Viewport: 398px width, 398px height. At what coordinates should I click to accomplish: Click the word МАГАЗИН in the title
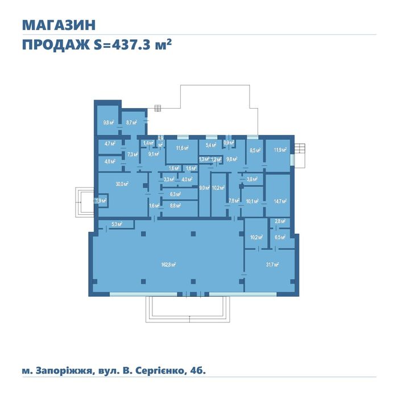pos(58,25)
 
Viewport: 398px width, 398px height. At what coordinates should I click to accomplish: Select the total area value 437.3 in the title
pos(132,45)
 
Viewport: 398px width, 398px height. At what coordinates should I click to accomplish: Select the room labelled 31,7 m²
pos(272,264)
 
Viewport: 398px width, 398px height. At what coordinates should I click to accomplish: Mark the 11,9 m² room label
pos(280,150)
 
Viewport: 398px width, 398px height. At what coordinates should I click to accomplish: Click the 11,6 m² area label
pos(182,148)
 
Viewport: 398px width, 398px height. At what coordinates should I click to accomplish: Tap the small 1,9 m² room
pos(101,201)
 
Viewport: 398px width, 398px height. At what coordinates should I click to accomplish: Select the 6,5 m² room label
pos(280,237)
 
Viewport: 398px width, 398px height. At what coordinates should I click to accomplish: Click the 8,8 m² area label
pos(175,205)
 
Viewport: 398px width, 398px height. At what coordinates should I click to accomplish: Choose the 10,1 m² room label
pos(252,201)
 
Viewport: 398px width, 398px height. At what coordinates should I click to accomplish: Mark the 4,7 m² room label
pos(110,144)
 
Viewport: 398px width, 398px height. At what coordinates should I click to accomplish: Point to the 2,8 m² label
pos(280,221)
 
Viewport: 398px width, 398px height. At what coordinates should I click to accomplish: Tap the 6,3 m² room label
pos(175,194)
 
